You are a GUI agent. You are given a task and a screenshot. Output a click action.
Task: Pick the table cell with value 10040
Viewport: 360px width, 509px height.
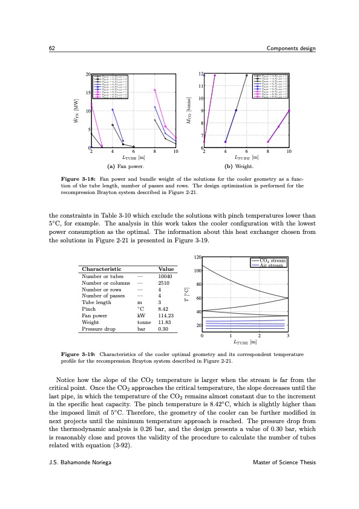[x=165, y=276]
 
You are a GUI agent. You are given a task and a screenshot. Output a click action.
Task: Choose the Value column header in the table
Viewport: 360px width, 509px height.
[x=166, y=269]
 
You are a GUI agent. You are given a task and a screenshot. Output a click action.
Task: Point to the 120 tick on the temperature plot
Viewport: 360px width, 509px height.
[x=197, y=258]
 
